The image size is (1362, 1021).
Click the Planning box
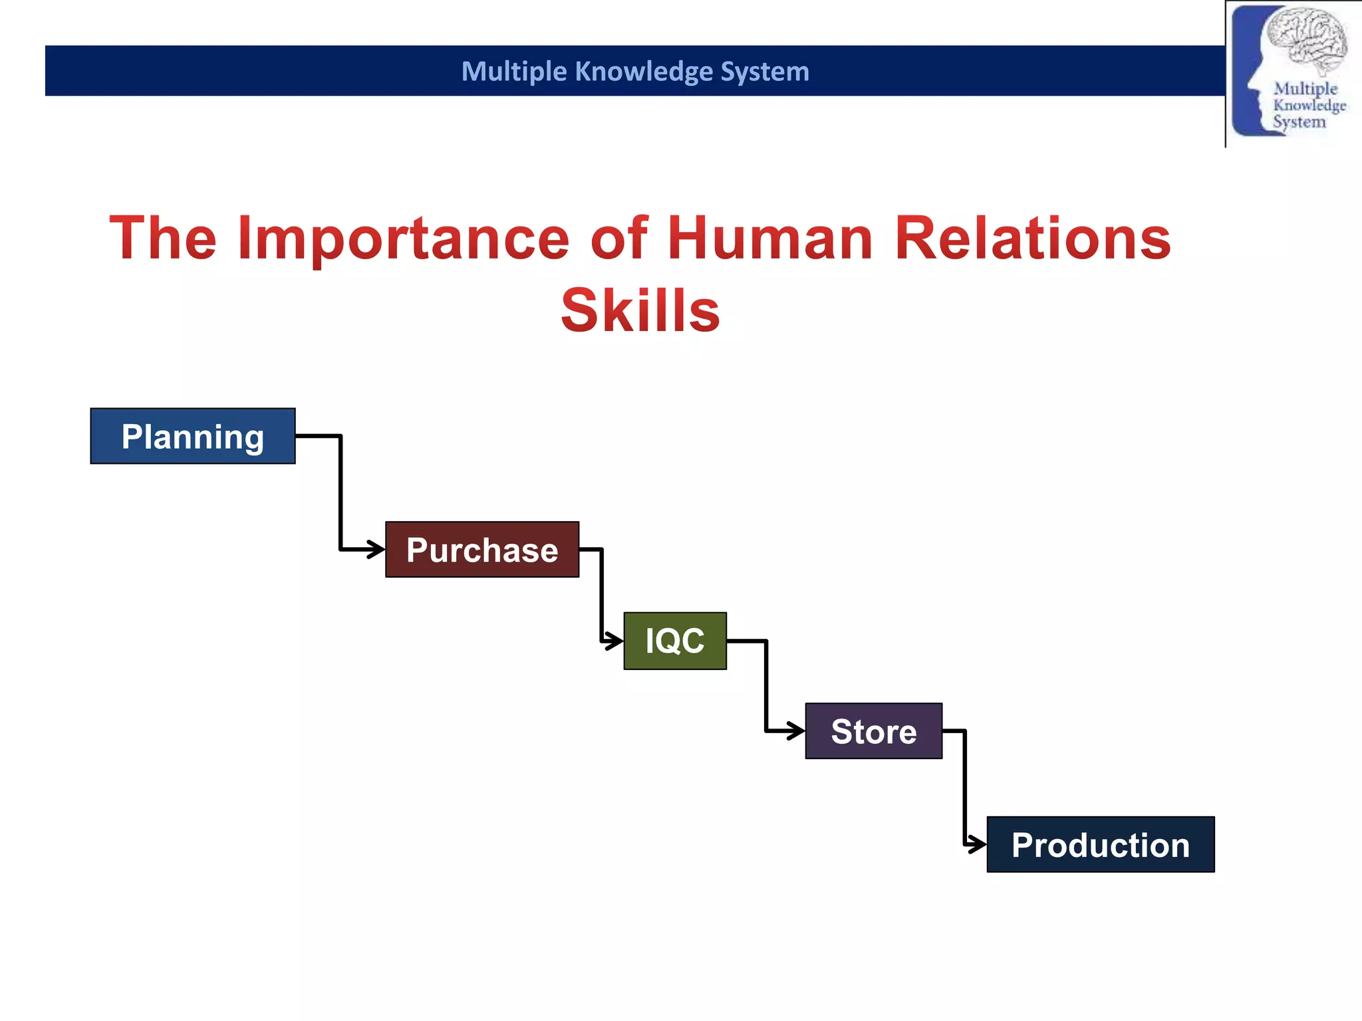tap(193, 436)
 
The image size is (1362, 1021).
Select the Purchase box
tap(482, 550)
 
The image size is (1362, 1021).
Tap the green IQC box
tap(675, 641)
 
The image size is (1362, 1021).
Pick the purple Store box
tap(874, 731)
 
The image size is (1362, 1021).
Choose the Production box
tap(1101, 845)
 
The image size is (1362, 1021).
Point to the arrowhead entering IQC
tap(616, 641)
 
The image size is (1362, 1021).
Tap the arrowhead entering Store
tap(797, 731)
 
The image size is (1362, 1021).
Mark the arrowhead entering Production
tap(979, 845)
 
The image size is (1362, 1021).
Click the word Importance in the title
tap(404, 239)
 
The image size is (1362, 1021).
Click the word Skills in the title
tap(640, 311)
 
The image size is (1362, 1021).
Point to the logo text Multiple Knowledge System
tap(1307, 105)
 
